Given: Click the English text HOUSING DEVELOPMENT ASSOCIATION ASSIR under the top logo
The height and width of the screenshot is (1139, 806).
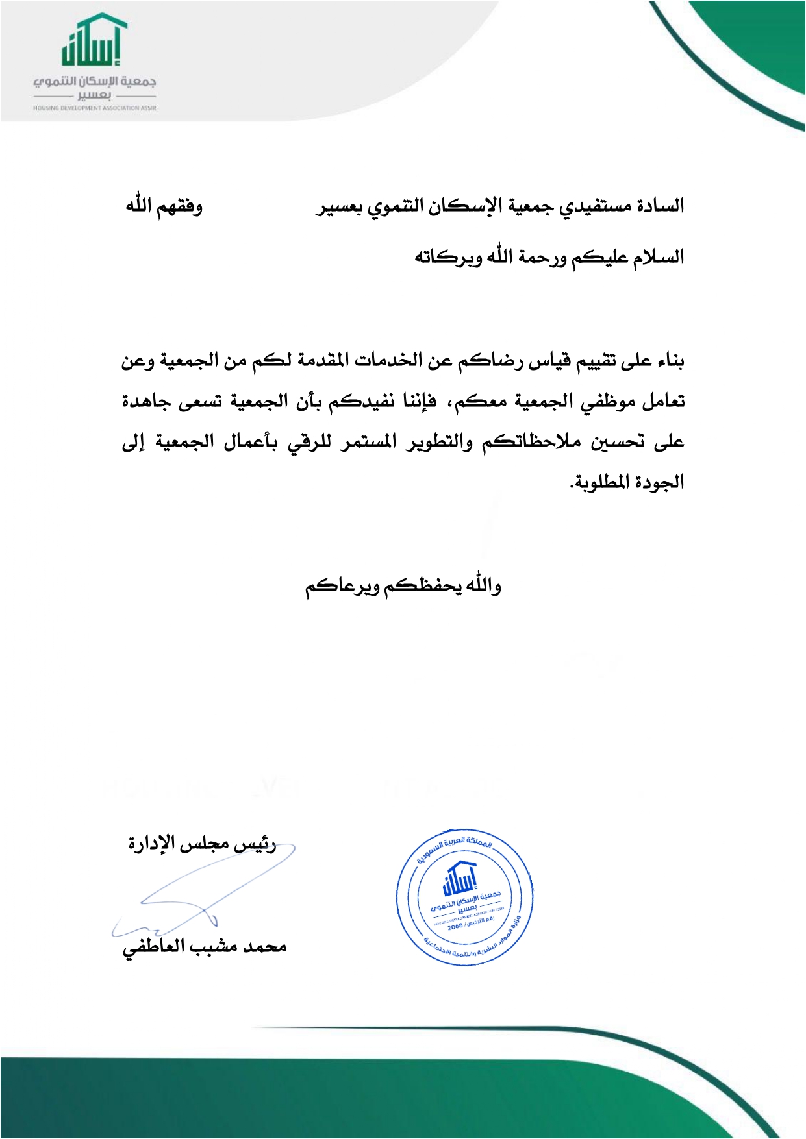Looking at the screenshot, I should [95, 108].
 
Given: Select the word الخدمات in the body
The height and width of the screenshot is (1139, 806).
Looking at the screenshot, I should [390, 360].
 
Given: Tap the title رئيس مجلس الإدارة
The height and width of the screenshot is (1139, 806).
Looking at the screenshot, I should [202, 844].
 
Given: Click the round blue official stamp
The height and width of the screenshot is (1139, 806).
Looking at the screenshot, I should [464, 896].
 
